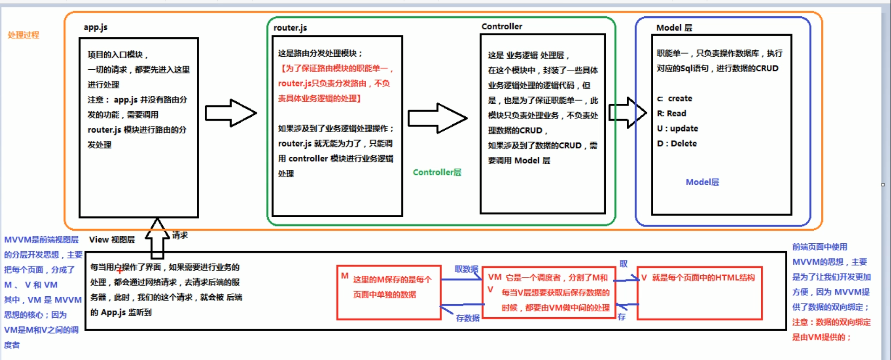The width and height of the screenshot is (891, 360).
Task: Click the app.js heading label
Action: [95, 27]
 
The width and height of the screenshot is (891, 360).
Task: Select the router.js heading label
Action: [290, 28]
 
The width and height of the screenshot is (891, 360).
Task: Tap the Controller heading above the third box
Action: [502, 27]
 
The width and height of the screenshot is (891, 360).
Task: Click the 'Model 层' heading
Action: [674, 28]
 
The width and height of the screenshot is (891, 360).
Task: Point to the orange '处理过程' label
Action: [23, 35]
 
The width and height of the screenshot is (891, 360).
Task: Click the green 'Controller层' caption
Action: [437, 173]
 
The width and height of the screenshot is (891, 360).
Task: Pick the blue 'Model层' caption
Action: [702, 182]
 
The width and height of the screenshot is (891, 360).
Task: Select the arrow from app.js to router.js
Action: [231, 113]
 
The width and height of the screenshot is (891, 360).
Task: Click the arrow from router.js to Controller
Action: [437, 118]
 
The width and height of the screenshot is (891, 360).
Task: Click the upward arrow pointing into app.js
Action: [157, 238]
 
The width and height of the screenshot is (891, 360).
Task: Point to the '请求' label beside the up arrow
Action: [180, 235]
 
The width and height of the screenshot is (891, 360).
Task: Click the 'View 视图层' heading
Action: [112, 240]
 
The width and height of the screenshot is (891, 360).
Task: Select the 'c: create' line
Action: [674, 99]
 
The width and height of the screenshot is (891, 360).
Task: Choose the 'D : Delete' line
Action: [677, 144]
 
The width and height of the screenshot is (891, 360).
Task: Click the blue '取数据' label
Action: [466, 269]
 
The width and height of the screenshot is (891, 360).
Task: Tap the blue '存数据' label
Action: [468, 318]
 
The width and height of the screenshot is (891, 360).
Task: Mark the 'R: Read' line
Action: [671, 113]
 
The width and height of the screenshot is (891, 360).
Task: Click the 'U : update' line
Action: [677, 128]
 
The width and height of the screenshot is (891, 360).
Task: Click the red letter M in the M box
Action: [345, 276]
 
